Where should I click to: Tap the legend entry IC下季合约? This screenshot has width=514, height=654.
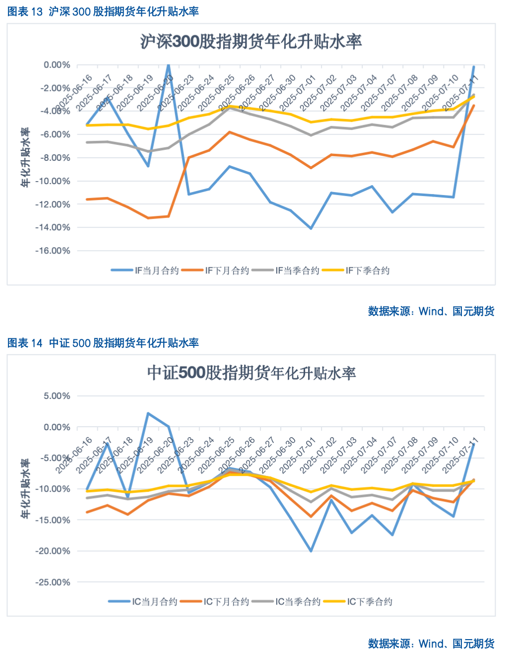coord(358,601)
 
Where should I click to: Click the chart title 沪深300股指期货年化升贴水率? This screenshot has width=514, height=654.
coord(251,42)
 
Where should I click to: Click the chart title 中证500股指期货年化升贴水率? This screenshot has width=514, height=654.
coord(251,373)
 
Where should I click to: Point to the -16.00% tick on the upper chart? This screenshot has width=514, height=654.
coord(53,251)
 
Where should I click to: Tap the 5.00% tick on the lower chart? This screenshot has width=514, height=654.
coord(57,396)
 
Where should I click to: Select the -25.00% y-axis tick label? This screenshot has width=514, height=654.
coord(53,582)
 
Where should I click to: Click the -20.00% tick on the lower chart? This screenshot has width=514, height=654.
coord(53,551)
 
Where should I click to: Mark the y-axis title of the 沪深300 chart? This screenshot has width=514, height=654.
coord(25,157)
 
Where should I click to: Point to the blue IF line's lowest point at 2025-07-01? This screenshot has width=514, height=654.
coord(311,228)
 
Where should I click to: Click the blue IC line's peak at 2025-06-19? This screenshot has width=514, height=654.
coord(148,413)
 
